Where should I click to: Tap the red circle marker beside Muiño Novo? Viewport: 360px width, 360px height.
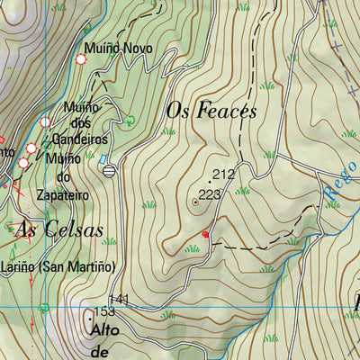point(81,59)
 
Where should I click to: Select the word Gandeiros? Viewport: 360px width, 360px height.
point(80,139)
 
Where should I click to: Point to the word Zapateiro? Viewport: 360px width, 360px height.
point(67,193)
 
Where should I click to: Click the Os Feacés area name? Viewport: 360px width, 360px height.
point(212,111)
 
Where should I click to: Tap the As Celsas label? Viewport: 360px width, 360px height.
point(58,229)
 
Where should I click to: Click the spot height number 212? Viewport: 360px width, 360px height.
point(223,174)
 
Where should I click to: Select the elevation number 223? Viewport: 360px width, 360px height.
point(209,193)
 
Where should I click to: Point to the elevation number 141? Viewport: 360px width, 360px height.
point(119,299)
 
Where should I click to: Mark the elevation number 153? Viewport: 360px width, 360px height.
point(105,311)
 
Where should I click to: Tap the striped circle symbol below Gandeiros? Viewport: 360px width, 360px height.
point(109,170)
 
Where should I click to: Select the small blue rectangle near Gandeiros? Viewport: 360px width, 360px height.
point(115,159)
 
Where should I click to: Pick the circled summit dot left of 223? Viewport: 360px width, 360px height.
point(195,202)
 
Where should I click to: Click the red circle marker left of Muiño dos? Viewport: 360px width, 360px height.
point(46,121)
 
